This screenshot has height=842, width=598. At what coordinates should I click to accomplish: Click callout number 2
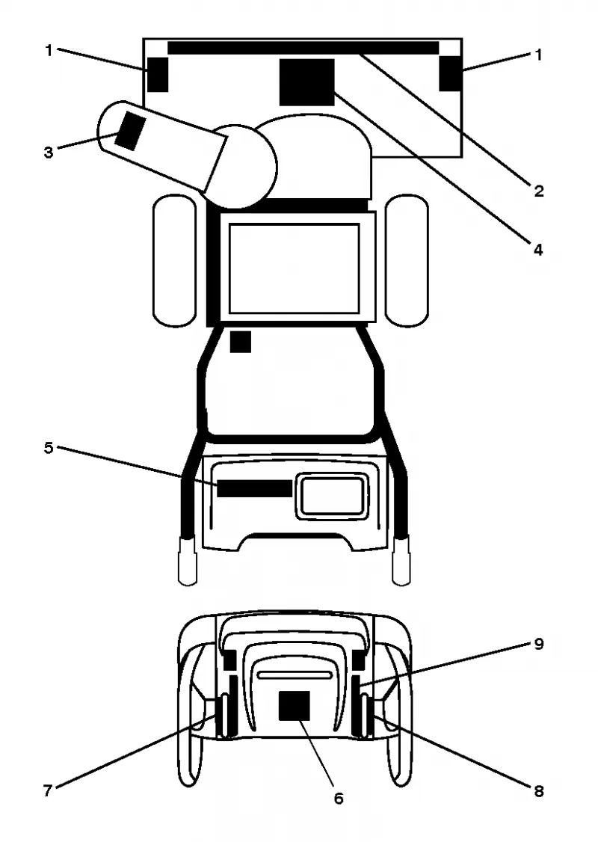pos(538,191)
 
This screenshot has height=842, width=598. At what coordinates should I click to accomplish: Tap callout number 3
pos(49,153)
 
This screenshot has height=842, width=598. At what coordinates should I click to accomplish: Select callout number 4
pos(538,250)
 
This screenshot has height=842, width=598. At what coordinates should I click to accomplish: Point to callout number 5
pos(49,448)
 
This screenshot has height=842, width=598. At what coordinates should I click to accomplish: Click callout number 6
pos(339,799)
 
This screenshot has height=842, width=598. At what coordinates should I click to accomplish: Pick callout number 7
pos(49,791)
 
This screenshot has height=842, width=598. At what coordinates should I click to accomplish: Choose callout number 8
pos(538,791)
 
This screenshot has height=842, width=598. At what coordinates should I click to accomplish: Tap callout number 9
pos(539,644)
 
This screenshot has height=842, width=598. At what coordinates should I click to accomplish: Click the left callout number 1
pos(49,51)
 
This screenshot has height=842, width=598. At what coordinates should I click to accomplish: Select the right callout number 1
pos(538,55)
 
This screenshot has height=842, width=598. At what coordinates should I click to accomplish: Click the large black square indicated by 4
pos(307,82)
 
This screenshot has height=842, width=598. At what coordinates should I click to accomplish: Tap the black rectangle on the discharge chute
pos(130,131)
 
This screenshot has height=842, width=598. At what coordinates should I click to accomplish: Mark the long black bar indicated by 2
pos(303,48)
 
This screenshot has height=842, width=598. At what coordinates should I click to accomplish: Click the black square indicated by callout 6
pos(295,706)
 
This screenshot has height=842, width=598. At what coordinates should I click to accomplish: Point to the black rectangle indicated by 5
pos(254,488)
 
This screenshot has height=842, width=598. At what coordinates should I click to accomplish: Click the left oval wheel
pos(174,260)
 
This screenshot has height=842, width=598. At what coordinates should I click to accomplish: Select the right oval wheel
pos(407,260)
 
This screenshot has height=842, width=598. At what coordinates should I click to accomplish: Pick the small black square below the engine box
pos(241,342)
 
